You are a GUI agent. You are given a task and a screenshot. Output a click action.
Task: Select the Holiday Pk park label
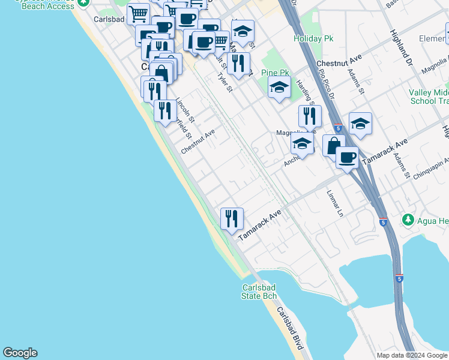pyautogui.click(x=313, y=38)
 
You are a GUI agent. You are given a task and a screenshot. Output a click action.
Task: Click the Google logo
pyautogui.click(x=20, y=353)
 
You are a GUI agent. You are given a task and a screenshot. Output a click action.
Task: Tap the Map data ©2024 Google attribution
pyautogui.click(x=412, y=355)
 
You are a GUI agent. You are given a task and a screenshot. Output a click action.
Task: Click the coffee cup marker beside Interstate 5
pyautogui.click(x=347, y=158)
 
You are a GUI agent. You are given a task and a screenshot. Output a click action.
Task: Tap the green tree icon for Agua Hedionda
pyautogui.click(x=408, y=220)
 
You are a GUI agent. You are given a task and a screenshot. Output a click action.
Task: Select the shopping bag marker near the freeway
pyautogui.click(x=333, y=146)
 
